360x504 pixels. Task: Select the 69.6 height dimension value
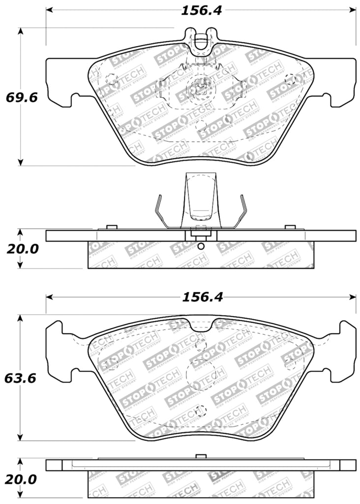(x=21, y=97)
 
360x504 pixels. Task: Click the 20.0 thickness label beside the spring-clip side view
(x=21, y=249)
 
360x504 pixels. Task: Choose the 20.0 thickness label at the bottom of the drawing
(x=21, y=478)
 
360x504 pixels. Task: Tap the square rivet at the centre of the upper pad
(x=200, y=89)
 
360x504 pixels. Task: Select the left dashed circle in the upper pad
(x=111, y=79)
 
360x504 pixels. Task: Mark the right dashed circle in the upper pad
(x=291, y=79)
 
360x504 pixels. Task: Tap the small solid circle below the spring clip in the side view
(x=200, y=246)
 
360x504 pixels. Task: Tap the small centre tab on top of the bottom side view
(x=200, y=457)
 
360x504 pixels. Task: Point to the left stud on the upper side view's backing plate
(x=111, y=227)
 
